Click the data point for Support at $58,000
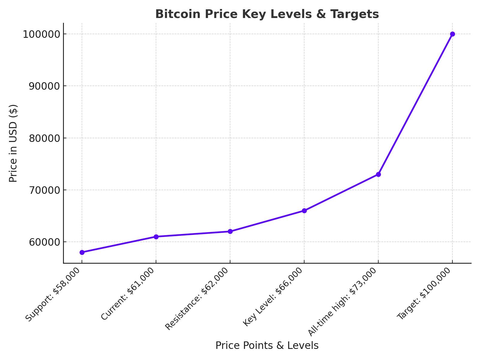coord(82,252)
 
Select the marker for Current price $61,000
coord(156,237)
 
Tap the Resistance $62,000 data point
coord(230,231)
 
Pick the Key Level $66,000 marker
coord(304,211)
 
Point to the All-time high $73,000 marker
coord(378,174)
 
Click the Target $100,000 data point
coord(452,34)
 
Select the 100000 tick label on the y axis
coord(42,34)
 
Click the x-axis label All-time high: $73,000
coord(342,301)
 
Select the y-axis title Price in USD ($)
coord(13,143)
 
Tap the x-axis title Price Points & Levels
coord(267,346)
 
